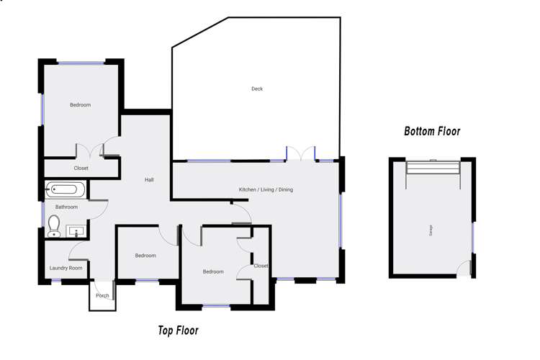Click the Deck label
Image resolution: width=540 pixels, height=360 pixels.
tap(257, 89)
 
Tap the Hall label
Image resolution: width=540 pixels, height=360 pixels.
tap(149, 180)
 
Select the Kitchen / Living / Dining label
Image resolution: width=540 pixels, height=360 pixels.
tap(266, 190)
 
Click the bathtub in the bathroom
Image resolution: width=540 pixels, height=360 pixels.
tap(66, 191)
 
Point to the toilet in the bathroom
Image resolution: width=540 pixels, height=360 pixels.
tap(54, 226)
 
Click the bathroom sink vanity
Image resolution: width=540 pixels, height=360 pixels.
tap(76, 231)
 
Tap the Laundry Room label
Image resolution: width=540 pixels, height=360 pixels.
tap(66, 268)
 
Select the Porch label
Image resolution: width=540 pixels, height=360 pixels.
tap(102, 296)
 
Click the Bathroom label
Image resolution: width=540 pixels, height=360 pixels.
tap(66, 207)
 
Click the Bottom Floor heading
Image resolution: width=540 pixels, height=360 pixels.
tap(432, 132)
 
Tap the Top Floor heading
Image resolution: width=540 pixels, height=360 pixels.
tap(178, 331)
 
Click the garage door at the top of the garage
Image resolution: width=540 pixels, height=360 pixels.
tap(433, 168)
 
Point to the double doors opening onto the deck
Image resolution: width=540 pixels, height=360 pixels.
tap(301, 153)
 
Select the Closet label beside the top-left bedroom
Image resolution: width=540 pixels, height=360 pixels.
tap(81, 168)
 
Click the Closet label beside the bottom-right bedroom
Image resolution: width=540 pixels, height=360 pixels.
tap(261, 266)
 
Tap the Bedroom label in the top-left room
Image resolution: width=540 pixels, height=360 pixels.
tap(80, 105)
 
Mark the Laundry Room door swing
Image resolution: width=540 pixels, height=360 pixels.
tap(78, 251)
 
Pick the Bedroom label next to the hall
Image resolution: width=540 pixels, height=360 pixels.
tap(145, 256)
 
